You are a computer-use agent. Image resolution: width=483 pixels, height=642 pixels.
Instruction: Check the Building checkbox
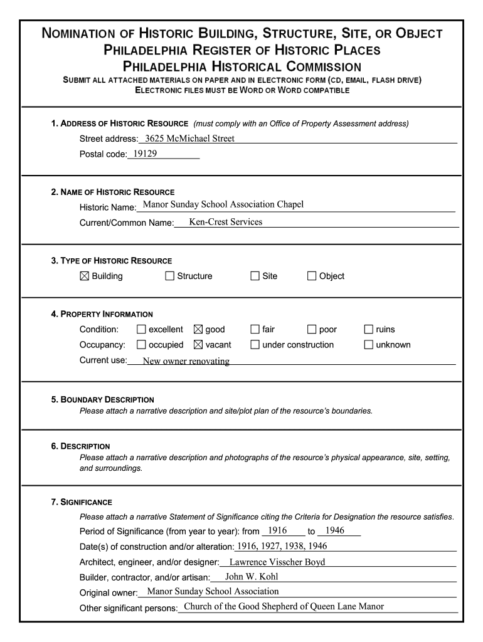(x=85, y=276)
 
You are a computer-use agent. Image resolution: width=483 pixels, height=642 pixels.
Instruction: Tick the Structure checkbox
(x=170, y=276)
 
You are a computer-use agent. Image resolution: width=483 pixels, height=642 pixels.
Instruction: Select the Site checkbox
(x=255, y=276)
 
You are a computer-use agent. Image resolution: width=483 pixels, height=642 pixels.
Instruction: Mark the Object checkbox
(x=312, y=276)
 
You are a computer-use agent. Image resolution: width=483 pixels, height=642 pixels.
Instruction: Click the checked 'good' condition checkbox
(x=198, y=329)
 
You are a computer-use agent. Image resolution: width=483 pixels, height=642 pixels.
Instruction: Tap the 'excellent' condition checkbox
(x=141, y=329)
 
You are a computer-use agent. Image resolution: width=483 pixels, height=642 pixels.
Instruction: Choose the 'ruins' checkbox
(x=369, y=329)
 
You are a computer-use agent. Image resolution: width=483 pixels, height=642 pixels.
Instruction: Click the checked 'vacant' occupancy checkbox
(x=198, y=344)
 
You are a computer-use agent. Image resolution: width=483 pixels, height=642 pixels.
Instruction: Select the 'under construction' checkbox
(x=255, y=344)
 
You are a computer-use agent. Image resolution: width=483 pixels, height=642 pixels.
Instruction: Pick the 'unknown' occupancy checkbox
(x=369, y=344)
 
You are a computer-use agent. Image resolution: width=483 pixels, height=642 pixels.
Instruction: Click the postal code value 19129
(x=145, y=153)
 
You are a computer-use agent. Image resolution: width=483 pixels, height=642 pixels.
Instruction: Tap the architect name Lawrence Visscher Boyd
(x=277, y=562)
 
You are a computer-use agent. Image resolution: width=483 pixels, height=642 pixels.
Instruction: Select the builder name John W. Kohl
(x=252, y=576)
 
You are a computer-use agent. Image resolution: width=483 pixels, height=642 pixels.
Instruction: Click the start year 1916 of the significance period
(x=277, y=530)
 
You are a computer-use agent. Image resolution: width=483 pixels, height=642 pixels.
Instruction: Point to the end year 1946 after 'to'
(x=335, y=530)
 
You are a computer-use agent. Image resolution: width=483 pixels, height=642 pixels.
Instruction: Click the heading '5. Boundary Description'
(x=102, y=399)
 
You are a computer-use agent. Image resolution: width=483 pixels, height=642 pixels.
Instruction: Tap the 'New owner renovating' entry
(x=186, y=361)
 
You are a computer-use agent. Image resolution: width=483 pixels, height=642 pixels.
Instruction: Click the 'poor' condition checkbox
(x=312, y=329)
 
